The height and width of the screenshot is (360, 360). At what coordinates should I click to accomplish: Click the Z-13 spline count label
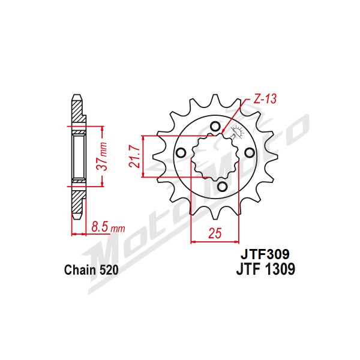[265, 99]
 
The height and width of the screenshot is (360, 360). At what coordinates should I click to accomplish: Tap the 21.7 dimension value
[134, 157]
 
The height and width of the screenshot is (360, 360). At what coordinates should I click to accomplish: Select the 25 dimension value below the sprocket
[215, 233]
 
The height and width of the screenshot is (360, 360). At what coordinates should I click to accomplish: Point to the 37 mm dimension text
[102, 156]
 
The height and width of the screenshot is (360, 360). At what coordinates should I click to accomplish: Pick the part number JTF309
[265, 254]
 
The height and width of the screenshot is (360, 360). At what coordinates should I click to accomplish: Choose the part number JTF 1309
[266, 269]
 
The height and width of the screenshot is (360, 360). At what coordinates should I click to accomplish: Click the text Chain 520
[91, 270]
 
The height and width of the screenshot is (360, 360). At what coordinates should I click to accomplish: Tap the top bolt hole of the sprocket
[215, 126]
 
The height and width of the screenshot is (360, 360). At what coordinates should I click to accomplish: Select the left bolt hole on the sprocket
[181, 152]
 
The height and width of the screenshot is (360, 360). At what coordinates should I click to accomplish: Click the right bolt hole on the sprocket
[250, 152]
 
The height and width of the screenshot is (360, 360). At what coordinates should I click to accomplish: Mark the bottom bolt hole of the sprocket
[222, 187]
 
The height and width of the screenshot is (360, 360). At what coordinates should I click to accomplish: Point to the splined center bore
[215, 156]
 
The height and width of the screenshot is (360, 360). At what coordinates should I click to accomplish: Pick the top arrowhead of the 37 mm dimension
[103, 128]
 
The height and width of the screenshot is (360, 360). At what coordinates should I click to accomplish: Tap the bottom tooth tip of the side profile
[77, 218]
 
